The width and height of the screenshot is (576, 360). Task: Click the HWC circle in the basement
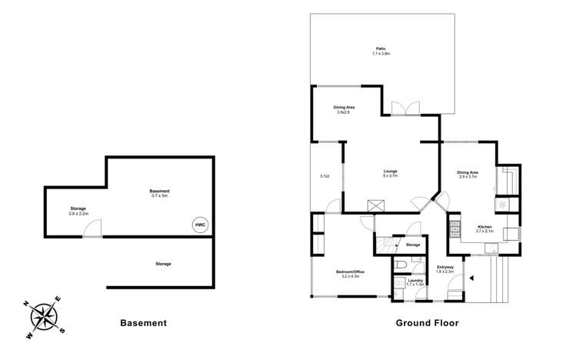click(201, 225)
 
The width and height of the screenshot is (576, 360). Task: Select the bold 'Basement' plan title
click(143, 323)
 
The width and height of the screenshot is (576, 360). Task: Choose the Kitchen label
click(484, 226)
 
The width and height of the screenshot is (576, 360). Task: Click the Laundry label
click(415, 281)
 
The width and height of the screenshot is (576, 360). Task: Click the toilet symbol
click(400, 265)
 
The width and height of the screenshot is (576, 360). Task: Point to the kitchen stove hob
click(454, 228)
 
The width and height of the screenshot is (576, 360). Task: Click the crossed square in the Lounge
click(376, 205)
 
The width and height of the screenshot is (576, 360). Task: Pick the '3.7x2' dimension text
click(325, 176)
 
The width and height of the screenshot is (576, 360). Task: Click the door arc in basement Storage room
click(92, 228)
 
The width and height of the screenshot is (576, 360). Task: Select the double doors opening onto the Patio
click(402, 108)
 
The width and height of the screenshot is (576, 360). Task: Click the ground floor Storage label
click(413, 245)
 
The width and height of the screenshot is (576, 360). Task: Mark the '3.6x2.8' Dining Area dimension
click(343, 112)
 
